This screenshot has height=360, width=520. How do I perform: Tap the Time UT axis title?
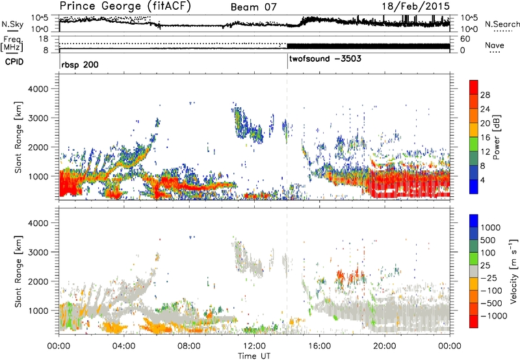pyautogui.click(x=254, y=354)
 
